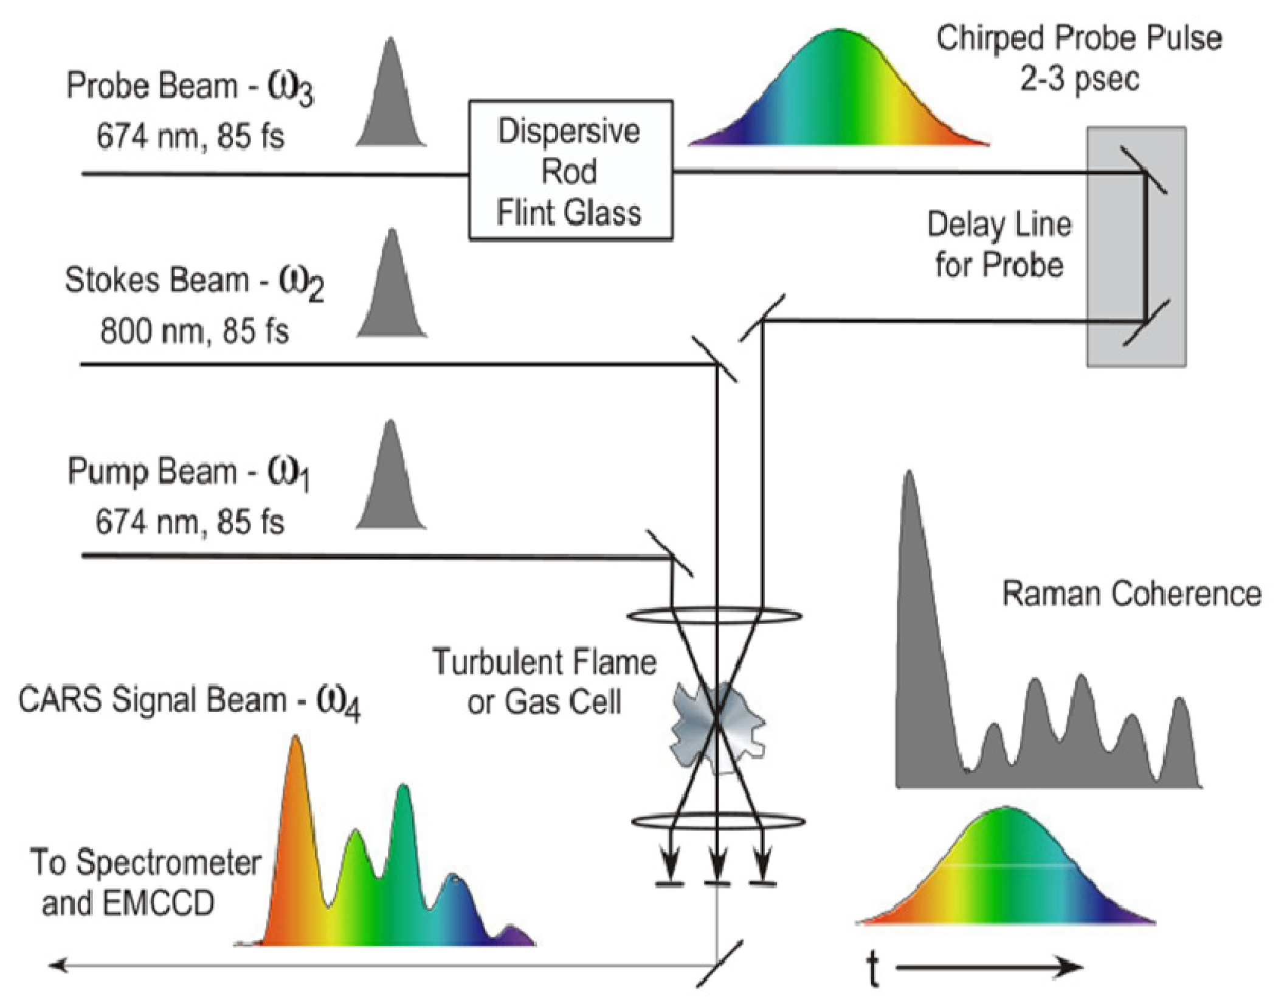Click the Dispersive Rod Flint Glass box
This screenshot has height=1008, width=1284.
click(570, 171)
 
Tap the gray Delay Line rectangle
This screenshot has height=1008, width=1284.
click(1136, 246)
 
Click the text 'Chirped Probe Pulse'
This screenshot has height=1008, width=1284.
click(1079, 39)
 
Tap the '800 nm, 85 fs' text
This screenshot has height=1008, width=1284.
click(194, 332)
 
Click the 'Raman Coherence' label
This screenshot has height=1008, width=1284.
click(1131, 594)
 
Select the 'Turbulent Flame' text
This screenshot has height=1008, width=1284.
click(544, 662)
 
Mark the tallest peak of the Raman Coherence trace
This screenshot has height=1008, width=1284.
click(909, 486)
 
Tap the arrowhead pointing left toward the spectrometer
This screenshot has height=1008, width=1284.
click(58, 964)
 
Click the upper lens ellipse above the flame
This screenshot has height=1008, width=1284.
click(715, 615)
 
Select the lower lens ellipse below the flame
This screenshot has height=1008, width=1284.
click(719, 822)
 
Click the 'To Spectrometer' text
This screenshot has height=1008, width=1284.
click(146, 863)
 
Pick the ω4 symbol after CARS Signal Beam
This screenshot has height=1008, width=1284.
click(338, 703)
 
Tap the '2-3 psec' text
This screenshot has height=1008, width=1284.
click(1079, 80)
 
